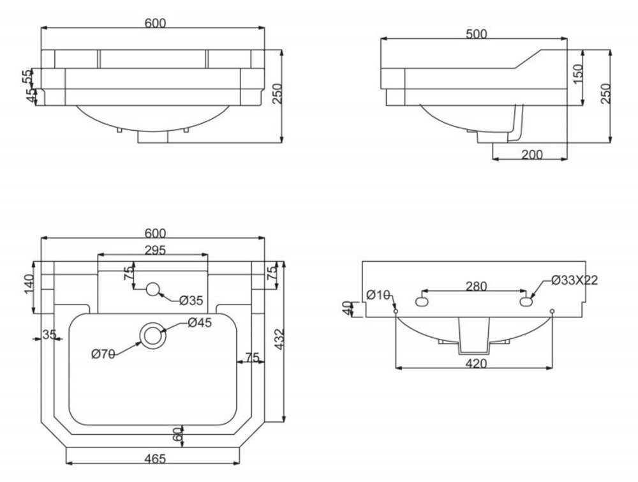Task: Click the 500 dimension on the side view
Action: coord(476,34)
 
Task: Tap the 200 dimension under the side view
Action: coord(532,154)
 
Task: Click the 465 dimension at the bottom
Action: coord(153,458)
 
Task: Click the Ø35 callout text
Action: coord(191,300)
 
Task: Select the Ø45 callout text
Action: coord(199,323)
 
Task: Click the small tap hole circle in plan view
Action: coord(152,289)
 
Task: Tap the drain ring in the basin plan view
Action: coord(152,335)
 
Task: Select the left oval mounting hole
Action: coord(422,301)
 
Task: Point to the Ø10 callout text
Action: coord(379,294)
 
